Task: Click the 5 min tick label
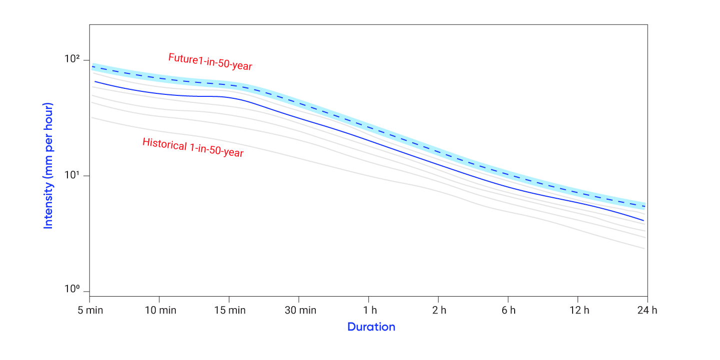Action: coord(89,311)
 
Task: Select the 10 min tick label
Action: coord(159,311)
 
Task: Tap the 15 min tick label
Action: coord(229,311)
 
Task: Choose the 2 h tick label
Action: coord(439,311)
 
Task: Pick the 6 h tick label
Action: coord(508,311)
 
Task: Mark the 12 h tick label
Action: coord(578,311)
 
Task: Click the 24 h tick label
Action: coord(648,311)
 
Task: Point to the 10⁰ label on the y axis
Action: coord(72,290)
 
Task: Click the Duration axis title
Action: coord(371,327)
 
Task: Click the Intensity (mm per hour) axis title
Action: coord(48,166)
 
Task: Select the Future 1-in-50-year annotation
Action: coord(210,62)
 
